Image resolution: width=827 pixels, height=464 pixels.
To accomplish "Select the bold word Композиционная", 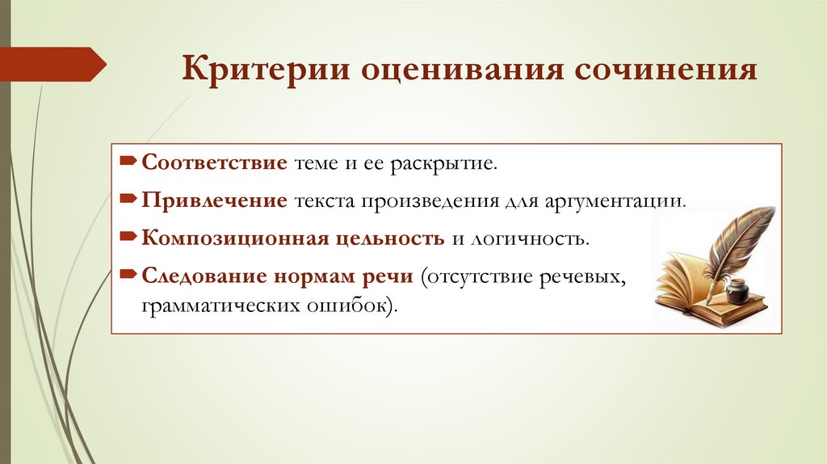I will coord(235,239).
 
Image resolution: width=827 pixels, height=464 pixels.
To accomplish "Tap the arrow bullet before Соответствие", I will coord(130,162).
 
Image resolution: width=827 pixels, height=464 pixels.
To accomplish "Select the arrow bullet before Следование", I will coord(130,275).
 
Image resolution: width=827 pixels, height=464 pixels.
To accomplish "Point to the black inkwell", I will coord(737,291).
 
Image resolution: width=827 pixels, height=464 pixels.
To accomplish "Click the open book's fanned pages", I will coord(682,279).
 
